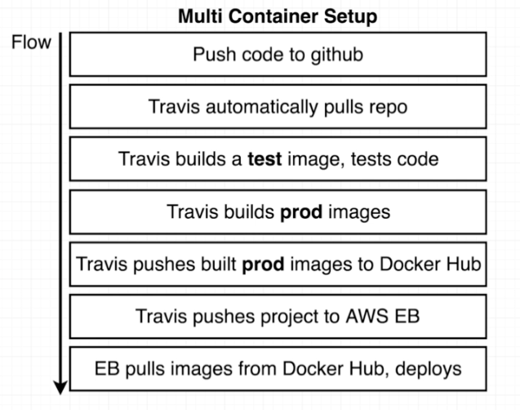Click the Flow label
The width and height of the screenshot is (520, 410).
pos(32,42)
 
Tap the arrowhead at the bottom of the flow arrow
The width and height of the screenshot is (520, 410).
pos(60,385)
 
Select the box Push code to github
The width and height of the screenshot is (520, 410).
pos(278,55)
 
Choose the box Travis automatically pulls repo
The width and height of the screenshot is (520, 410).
pos(278,107)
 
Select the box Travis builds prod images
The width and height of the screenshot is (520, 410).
pos(278,212)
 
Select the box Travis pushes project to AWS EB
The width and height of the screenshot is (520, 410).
pos(278,316)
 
